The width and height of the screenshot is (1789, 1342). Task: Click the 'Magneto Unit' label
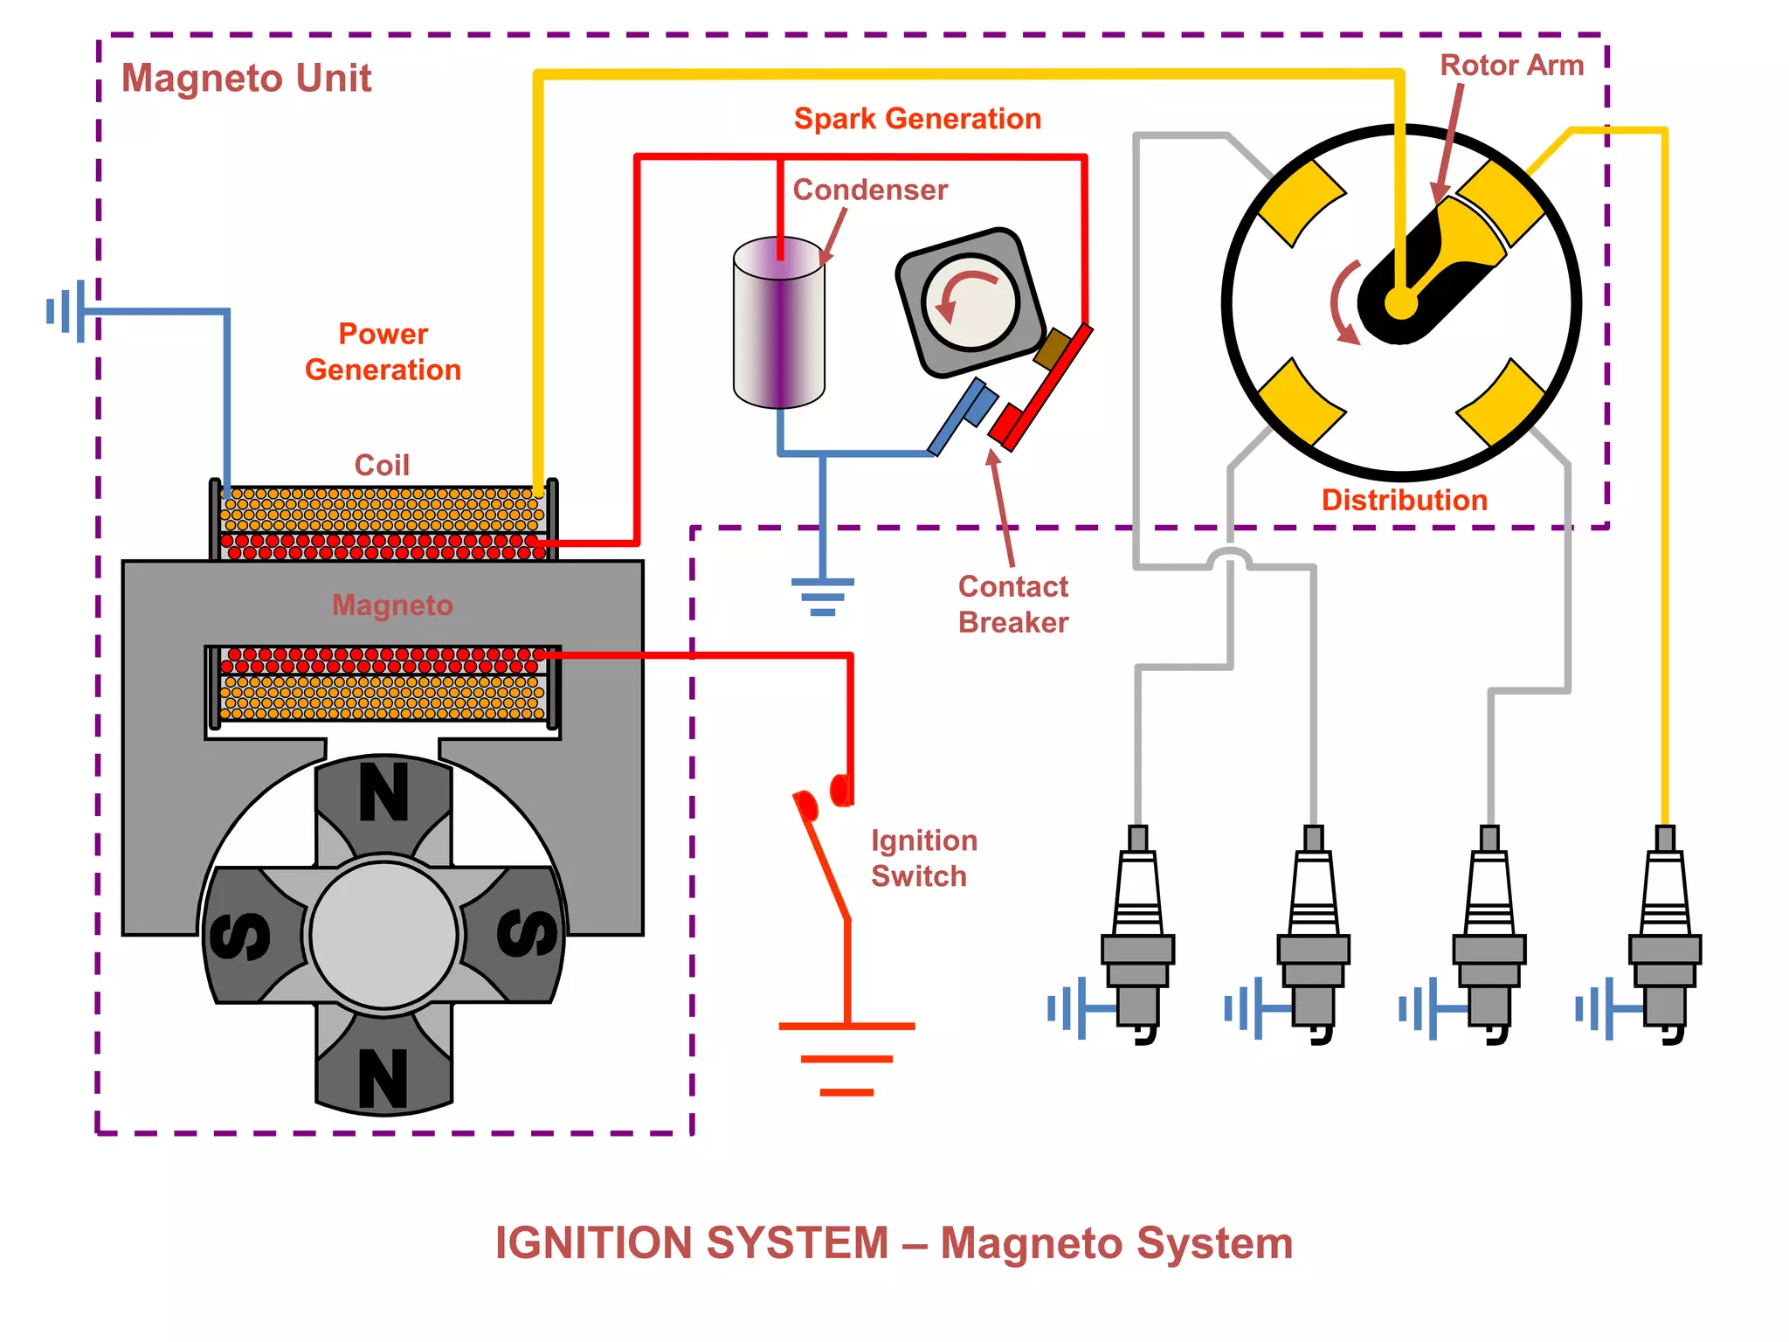(245, 78)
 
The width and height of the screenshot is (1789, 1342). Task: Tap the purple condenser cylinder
(778, 323)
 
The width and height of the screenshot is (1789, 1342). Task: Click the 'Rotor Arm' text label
(1511, 65)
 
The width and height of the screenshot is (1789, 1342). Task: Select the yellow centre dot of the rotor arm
(1400, 305)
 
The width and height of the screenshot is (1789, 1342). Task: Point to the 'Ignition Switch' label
(923, 858)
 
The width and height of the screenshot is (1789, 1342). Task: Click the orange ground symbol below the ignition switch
(846, 1058)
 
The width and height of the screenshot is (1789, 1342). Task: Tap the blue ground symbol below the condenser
(822, 596)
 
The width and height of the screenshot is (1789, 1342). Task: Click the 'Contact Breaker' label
(1012, 604)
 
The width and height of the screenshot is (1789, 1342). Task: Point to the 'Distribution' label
(1404, 500)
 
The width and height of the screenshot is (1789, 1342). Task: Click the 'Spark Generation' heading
(917, 118)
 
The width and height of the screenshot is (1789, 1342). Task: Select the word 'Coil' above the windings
(382, 465)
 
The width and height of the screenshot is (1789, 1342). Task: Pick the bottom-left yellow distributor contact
(1300, 403)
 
